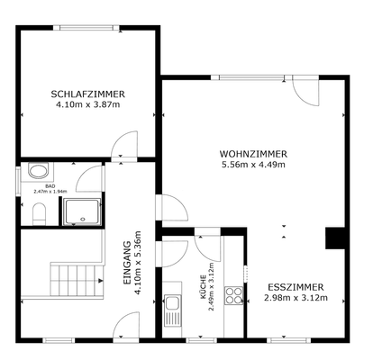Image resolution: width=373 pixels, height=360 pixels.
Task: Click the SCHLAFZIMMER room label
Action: click(87, 93)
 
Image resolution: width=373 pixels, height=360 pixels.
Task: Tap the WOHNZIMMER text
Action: click(253, 153)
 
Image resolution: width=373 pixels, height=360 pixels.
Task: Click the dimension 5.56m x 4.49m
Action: click(253, 165)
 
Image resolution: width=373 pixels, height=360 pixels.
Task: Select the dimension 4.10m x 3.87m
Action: click(87, 104)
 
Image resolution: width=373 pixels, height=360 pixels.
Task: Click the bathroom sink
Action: click(38, 171)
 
